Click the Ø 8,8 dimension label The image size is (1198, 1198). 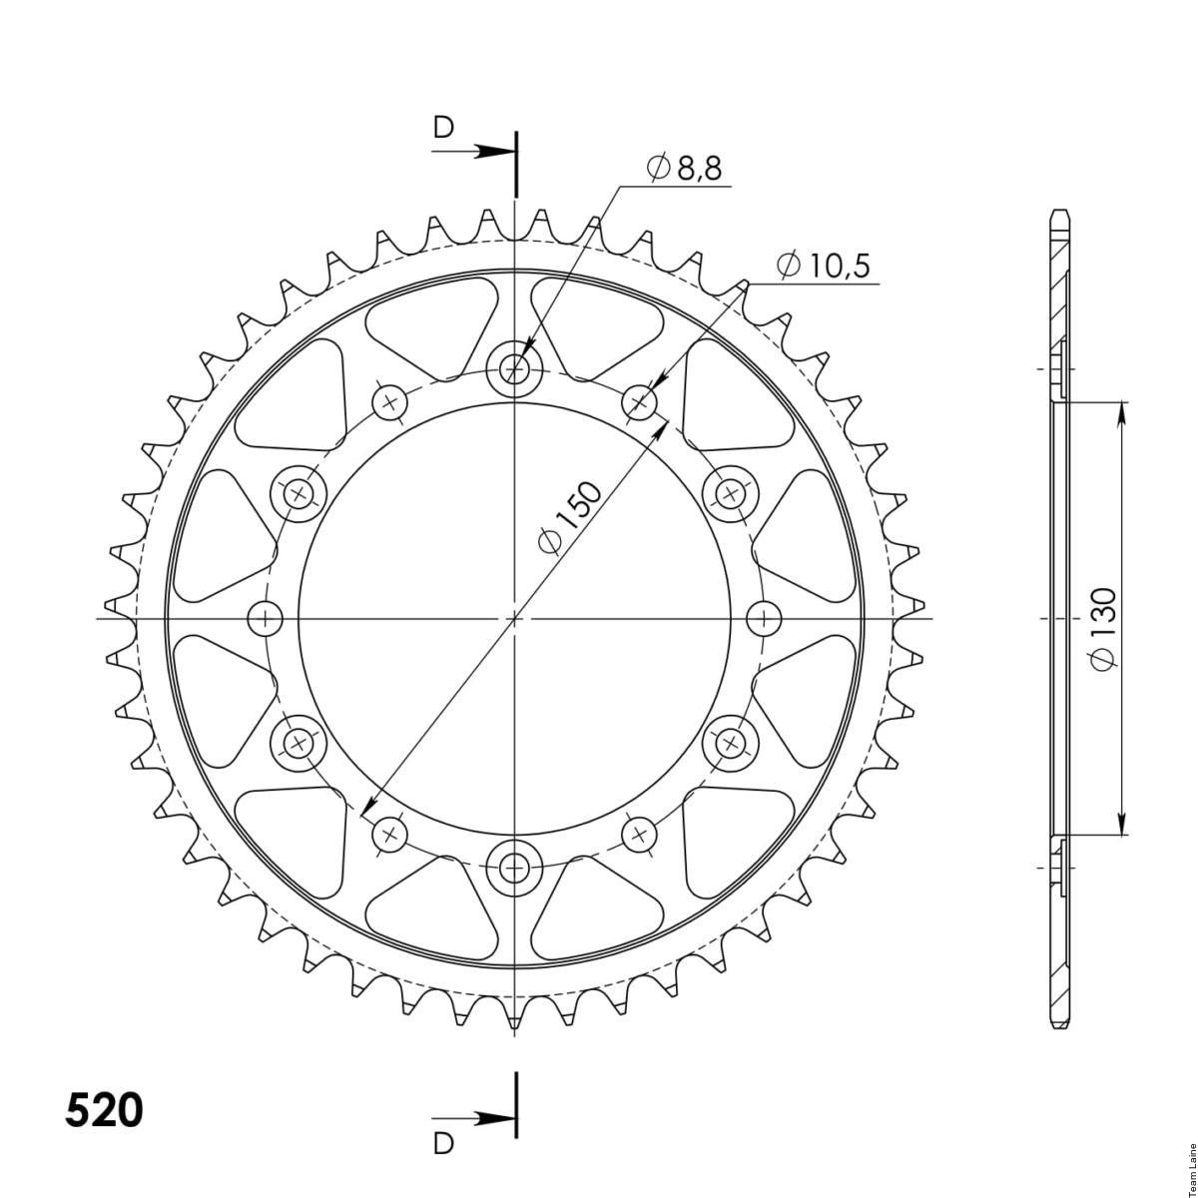tap(684, 168)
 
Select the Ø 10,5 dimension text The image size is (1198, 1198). tap(823, 267)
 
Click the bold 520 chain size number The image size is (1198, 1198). tap(104, 1111)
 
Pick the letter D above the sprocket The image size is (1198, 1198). tap(443, 128)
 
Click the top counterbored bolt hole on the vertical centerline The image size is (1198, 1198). tap(514, 370)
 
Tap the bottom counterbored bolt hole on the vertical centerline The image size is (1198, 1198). tap(514, 866)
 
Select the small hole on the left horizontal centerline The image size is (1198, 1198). tap(266, 619)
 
